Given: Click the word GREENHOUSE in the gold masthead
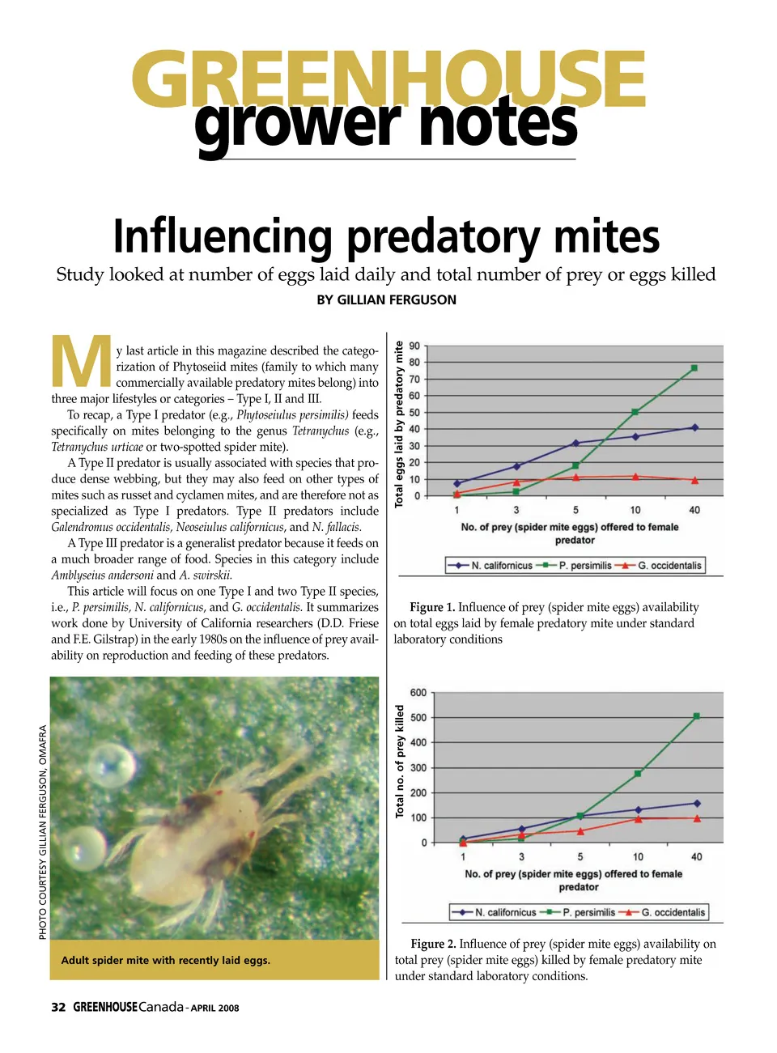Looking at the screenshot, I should click(x=388, y=79).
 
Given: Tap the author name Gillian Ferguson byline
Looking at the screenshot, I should click(x=386, y=299).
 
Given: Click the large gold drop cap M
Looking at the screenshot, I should click(x=81, y=362).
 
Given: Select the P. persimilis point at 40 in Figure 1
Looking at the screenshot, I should click(x=694, y=368).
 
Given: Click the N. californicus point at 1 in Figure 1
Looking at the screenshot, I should click(x=456, y=483).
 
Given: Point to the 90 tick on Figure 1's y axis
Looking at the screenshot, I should click(x=414, y=346).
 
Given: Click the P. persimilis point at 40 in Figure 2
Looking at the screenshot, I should click(x=696, y=716).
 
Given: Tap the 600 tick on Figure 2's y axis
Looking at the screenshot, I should click(x=418, y=693).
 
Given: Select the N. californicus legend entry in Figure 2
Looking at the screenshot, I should click(x=505, y=912).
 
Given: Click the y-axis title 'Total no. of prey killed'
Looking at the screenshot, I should click(x=399, y=761).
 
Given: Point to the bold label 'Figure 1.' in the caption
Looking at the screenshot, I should click(x=432, y=607).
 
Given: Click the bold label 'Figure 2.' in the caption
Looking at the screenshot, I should click(x=433, y=944).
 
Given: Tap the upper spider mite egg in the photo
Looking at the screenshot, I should click(x=113, y=763).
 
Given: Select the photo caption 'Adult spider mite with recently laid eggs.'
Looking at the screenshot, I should click(x=166, y=960).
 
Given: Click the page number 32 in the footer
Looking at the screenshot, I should click(x=58, y=1007).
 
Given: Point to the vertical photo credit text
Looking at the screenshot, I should click(x=43, y=832).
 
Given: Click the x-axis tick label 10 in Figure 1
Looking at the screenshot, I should click(x=635, y=510).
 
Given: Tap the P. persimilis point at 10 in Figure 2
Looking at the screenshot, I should click(x=638, y=774).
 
